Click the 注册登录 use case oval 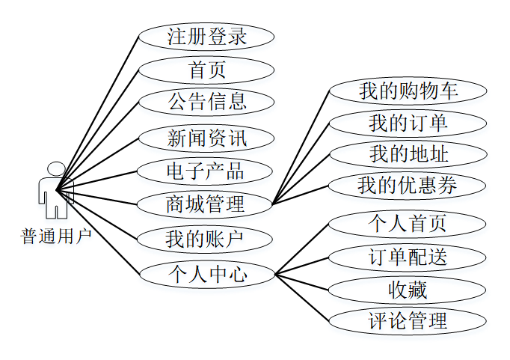[206, 36]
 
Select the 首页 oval [206, 70]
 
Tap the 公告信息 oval [206, 101]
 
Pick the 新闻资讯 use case [206, 138]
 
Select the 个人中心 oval [206, 274]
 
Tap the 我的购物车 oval [408, 91]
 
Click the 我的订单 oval [408, 123]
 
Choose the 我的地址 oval [408, 154]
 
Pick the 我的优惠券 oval [408, 185]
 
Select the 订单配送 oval [408, 257]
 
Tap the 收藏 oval [408, 289]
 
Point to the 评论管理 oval [408, 321]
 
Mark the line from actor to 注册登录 [98, 109]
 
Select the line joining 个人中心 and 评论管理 [302, 298]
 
